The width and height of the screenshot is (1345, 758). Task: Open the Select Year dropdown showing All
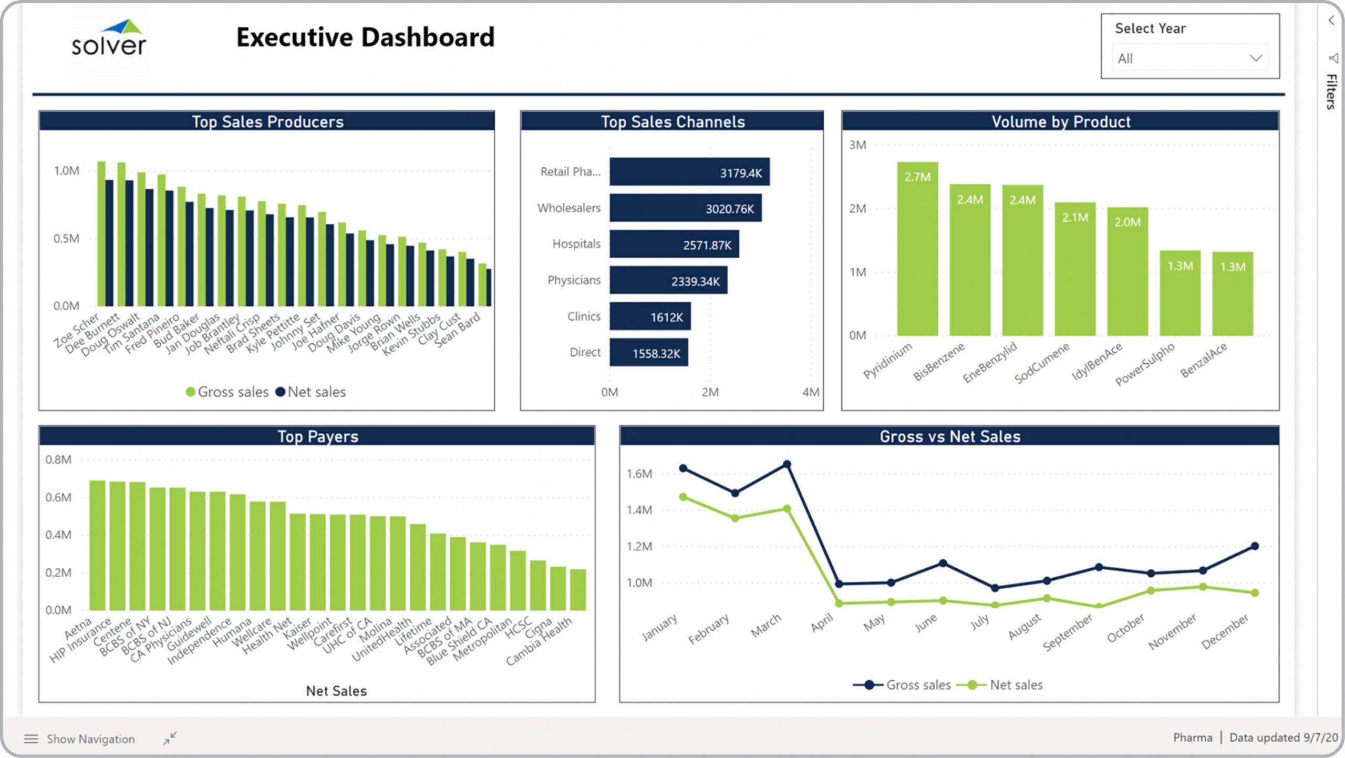tap(1189, 58)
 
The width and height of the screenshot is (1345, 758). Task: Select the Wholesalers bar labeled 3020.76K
tap(685, 208)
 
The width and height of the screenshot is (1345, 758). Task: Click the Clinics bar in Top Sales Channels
tap(650, 316)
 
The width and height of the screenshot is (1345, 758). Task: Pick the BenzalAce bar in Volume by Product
tap(1232, 294)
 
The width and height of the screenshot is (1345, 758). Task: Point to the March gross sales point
tap(787, 464)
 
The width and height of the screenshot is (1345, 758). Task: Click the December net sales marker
tap(1255, 593)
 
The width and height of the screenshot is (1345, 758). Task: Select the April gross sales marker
tap(839, 584)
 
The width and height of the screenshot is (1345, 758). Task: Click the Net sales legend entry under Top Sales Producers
tap(311, 392)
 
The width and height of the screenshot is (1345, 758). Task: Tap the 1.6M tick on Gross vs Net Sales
tap(639, 474)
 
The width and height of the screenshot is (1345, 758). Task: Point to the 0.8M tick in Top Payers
tap(58, 460)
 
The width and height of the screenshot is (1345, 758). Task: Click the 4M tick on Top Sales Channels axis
tap(810, 392)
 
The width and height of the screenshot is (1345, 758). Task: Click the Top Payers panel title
tap(317, 436)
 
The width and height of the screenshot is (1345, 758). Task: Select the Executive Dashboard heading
tap(365, 37)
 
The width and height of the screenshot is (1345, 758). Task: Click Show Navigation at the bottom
tap(90, 739)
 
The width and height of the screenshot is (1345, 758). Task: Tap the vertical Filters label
tap(1331, 91)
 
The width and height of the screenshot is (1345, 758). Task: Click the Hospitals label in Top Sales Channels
tap(576, 244)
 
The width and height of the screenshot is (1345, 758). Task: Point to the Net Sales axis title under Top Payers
tap(336, 691)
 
